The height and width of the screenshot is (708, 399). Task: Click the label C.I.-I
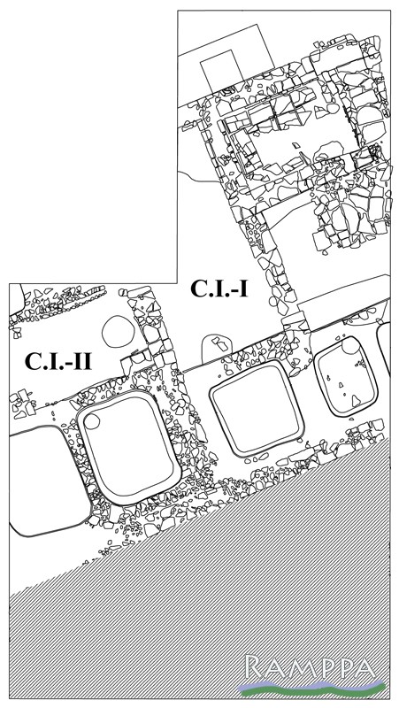219,289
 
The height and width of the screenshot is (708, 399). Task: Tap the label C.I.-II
58,361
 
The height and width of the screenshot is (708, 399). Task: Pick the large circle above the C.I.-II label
119,331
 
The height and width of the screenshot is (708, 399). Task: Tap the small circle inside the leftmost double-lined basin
92,421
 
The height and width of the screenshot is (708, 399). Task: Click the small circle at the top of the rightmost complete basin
349,346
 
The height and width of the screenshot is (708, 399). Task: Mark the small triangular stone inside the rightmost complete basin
356,400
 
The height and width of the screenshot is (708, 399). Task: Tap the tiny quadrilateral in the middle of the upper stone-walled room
295,146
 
